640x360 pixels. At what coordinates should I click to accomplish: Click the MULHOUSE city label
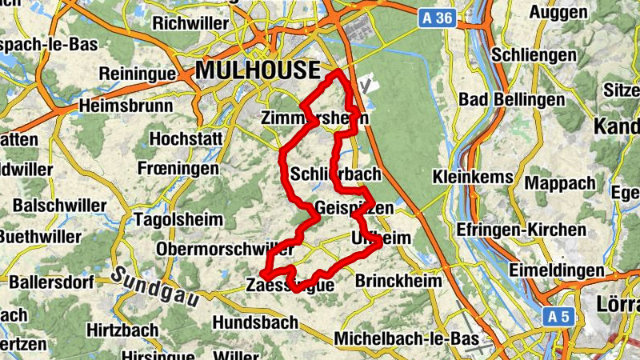click(257, 70)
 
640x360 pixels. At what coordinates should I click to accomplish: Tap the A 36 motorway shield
click(438, 18)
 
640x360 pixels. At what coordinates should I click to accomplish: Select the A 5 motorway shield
click(559, 317)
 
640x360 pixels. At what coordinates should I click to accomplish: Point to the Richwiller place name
click(190, 23)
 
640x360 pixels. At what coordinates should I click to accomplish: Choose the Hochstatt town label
click(186, 138)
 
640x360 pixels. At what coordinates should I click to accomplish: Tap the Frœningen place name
click(177, 170)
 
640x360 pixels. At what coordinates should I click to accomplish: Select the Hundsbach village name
click(255, 322)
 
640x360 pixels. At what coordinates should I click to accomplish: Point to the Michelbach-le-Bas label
click(402, 338)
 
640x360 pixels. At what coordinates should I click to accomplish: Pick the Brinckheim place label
click(398, 282)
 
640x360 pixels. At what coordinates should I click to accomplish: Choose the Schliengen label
click(534, 55)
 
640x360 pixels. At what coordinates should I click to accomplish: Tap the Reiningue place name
click(137, 74)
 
